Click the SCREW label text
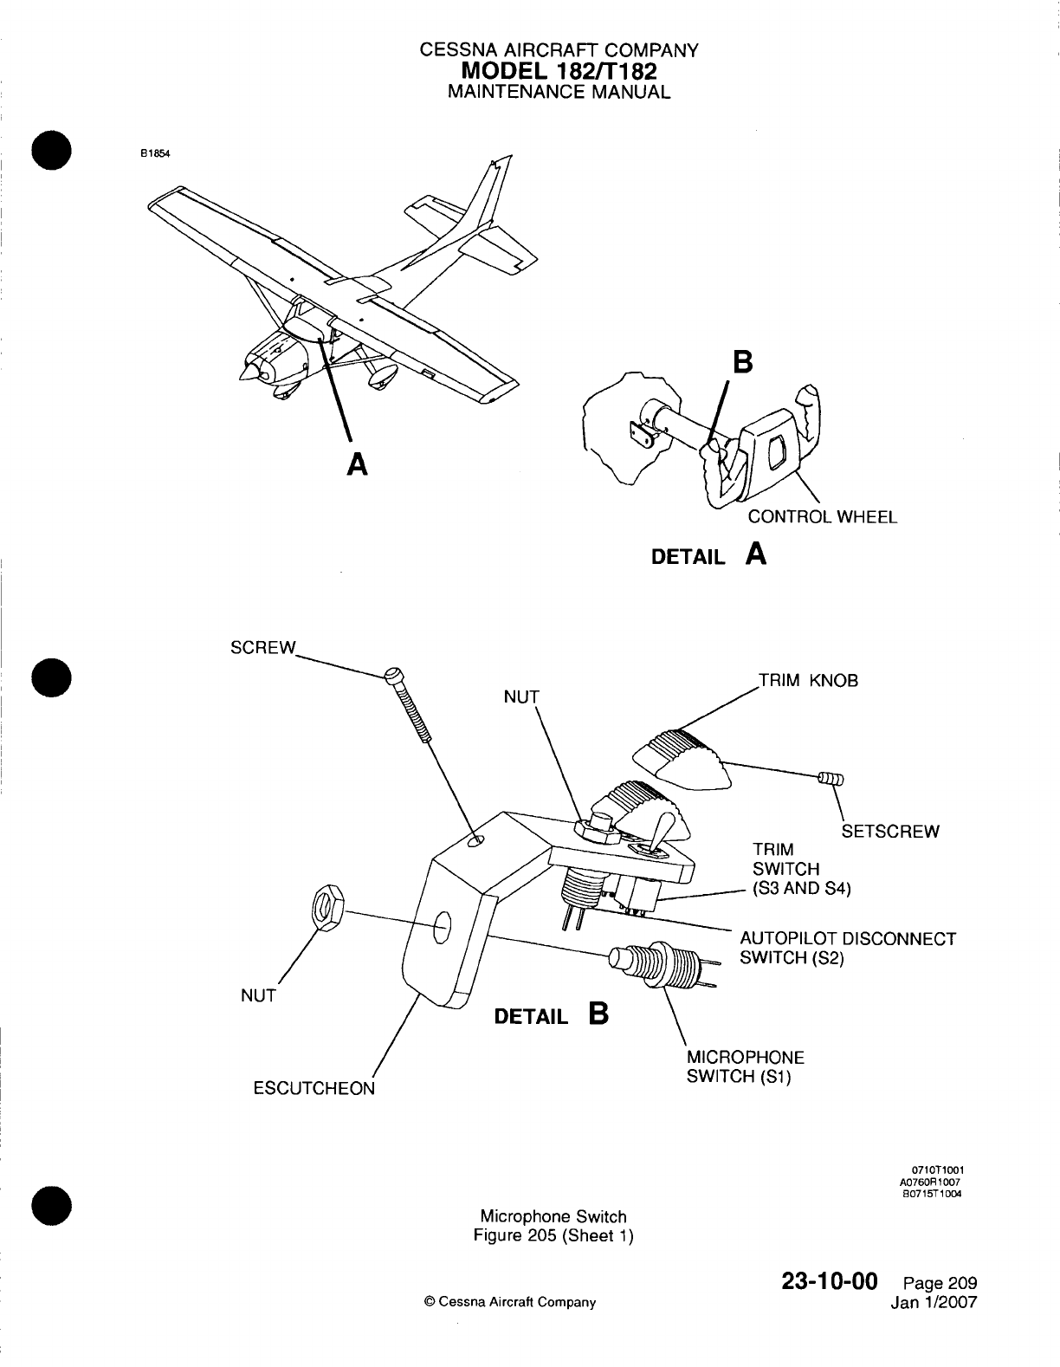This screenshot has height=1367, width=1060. coord(263,649)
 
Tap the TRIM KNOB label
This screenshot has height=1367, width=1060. coord(809,680)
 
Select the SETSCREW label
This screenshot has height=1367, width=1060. coord(890,833)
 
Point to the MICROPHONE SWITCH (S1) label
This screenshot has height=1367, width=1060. coord(745,1067)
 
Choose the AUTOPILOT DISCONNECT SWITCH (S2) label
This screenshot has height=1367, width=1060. coord(846,949)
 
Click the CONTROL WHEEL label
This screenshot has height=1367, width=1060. coord(822,517)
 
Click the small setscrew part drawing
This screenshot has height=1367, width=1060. coord(829,779)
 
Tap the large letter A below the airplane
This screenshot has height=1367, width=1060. coord(355,465)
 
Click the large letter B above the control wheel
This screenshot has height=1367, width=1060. coord(741,362)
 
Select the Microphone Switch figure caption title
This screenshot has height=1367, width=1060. coord(553,1217)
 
